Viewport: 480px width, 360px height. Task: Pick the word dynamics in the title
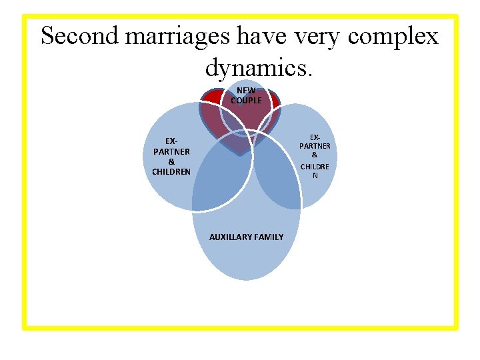[255, 67]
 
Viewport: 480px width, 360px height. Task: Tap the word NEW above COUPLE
[246, 91]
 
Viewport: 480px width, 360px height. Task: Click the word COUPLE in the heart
[246, 101]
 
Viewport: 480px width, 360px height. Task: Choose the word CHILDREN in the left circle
[171, 172]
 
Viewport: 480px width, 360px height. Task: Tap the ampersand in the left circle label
[171, 162]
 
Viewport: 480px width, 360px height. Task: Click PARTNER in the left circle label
[171, 151]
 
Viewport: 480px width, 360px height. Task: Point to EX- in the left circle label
[171, 141]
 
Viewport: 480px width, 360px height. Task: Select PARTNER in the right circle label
[315, 146]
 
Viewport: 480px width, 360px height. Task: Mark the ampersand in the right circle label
[315, 155]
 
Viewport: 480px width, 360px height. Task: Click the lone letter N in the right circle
[315, 175]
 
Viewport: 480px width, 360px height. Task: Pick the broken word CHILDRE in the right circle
[315, 166]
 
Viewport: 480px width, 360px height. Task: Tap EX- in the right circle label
[315, 137]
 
